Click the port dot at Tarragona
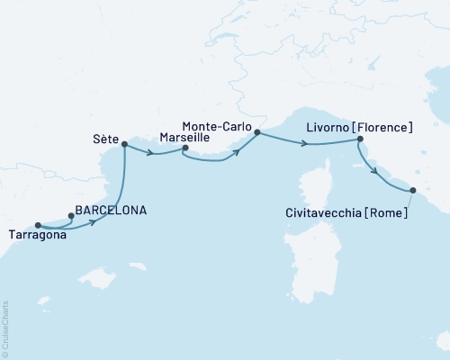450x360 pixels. [x=38, y=225]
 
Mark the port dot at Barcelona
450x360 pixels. [x=71, y=215]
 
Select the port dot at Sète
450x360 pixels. [x=124, y=144]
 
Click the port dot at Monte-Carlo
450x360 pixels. [x=257, y=132]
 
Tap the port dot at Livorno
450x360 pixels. [x=360, y=139]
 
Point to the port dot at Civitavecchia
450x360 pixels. [x=413, y=190]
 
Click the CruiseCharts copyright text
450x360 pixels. [x=5, y=328]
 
